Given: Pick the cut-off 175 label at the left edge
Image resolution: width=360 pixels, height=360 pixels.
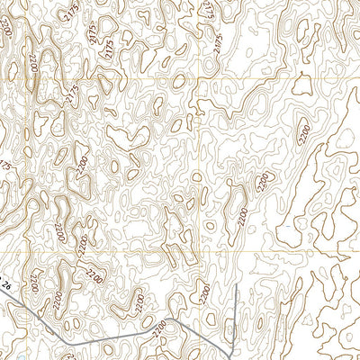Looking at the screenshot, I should [5, 166].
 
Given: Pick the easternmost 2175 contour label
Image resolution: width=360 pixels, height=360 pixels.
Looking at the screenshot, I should [219, 42].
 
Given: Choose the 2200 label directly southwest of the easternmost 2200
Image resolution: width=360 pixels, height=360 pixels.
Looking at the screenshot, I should [262, 182].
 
